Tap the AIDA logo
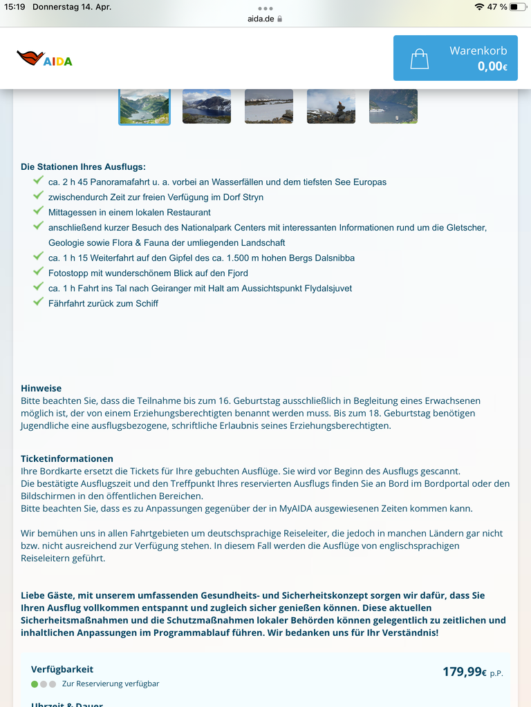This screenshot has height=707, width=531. coord(44,59)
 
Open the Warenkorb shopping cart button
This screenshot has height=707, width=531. coord(455,58)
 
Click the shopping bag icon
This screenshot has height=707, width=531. coord(419,59)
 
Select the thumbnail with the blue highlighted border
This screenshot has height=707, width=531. coord(145,106)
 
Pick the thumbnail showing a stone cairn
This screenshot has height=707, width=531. coord(331,106)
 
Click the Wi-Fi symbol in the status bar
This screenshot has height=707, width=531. coord(479,7)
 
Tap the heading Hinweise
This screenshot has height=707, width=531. coord(41,388)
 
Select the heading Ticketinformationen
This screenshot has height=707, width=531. coord(66,458)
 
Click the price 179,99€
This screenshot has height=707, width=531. coord(465,671)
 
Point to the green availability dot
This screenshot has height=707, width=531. coord(35,684)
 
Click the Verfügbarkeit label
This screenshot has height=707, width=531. coord(62,669)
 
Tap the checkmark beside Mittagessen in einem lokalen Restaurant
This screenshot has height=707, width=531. coord(38,211)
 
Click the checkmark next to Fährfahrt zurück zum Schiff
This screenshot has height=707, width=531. coord(38,302)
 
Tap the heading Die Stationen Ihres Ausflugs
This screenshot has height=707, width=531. coord(83,166)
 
